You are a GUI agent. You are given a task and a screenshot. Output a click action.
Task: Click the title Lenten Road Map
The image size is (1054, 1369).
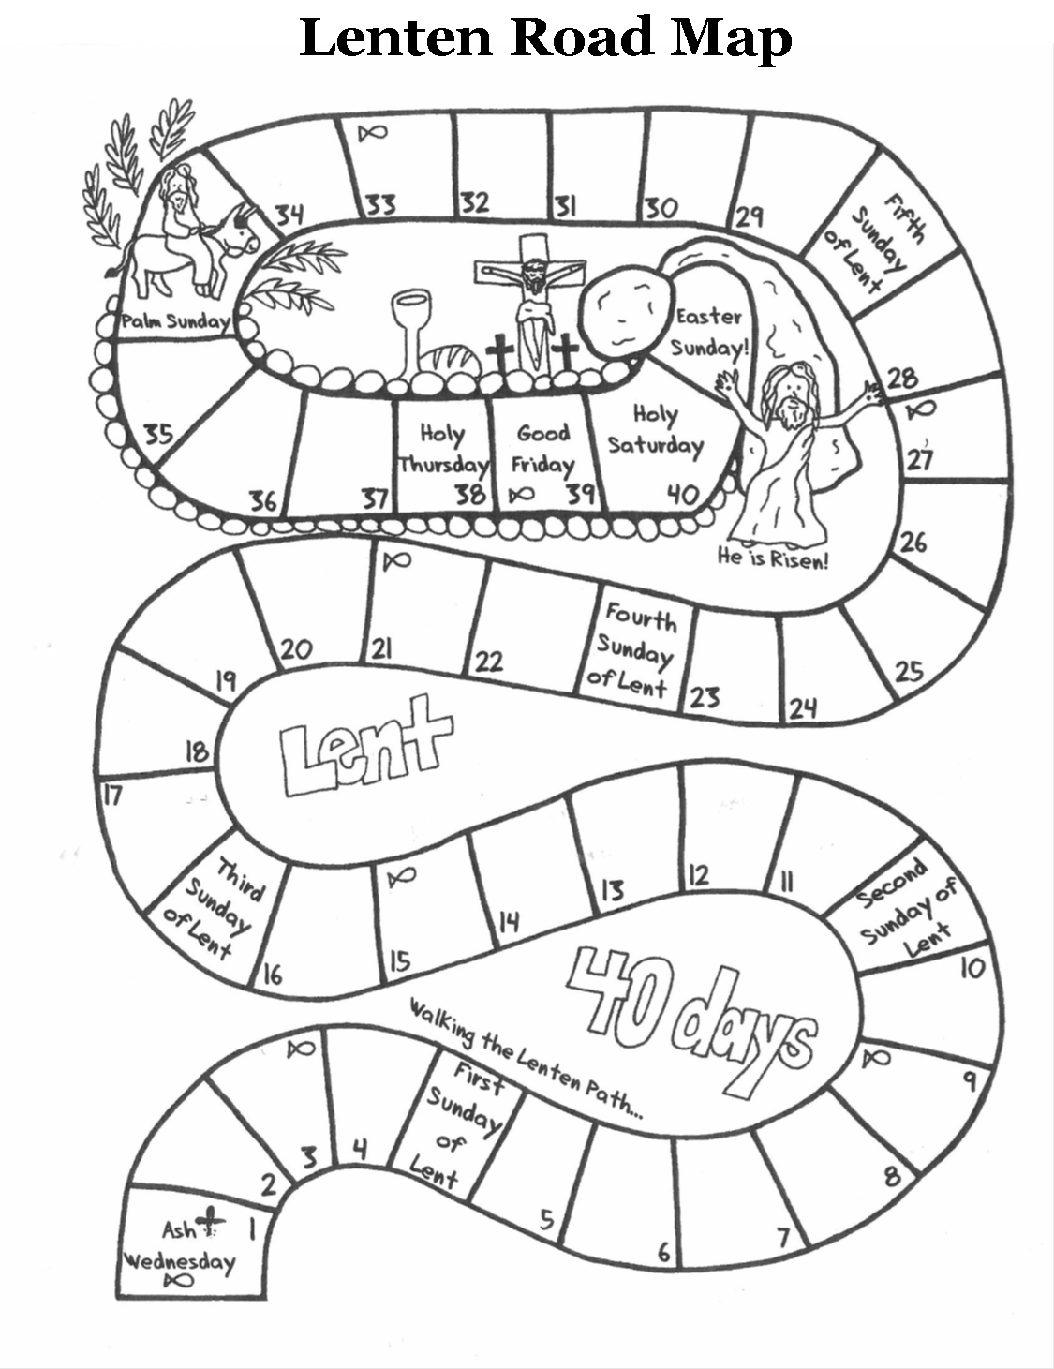pyautogui.click(x=545, y=37)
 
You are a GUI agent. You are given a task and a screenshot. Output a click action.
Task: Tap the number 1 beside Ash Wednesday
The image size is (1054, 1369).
pyautogui.click(x=251, y=1228)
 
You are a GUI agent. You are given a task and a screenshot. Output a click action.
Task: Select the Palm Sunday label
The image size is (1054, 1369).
pyautogui.click(x=175, y=321)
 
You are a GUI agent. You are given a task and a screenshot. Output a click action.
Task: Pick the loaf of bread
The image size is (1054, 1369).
pyautogui.click(x=451, y=363)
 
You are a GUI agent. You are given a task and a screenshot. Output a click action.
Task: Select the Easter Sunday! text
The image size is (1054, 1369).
pyautogui.click(x=709, y=332)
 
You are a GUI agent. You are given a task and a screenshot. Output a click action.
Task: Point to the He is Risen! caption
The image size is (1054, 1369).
pyautogui.click(x=773, y=559)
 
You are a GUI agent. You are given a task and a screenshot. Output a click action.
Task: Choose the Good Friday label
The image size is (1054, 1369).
pyautogui.click(x=542, y=448)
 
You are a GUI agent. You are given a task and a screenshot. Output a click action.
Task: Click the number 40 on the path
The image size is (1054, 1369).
pyautogui.click(x=683, y=494)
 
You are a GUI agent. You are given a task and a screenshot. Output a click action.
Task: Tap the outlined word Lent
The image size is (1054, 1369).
pyautogui.click(x=365, y=748)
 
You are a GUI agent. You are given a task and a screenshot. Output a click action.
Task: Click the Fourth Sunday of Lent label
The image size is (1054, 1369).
pyautogui.click(x=633, y=650)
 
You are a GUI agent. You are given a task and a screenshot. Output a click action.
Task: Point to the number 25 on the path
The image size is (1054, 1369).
pyautogui.click(x=908, y=671)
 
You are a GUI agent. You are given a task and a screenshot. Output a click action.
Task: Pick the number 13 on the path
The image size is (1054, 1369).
pyautogui.click(x=612, y=889)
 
